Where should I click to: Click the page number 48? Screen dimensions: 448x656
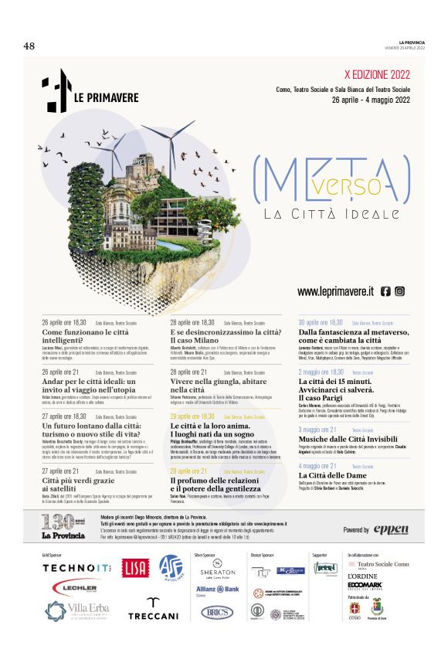click(29, 46)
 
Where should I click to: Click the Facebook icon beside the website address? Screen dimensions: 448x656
click(385, 291)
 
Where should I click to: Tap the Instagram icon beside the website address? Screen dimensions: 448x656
click(400, 291)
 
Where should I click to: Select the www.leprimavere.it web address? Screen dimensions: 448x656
click(335, 291)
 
